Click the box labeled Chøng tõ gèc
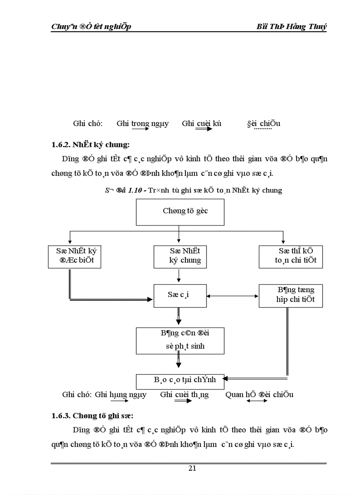180,212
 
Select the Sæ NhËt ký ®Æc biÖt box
74,256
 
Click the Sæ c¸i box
180,295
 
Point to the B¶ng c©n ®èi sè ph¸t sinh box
180,341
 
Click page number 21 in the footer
192,468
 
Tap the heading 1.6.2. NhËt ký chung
90,144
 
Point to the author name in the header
292,27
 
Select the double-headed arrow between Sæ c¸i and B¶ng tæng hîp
232,295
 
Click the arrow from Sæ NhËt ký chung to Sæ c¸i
179,276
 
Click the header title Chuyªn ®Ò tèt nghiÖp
91,27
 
